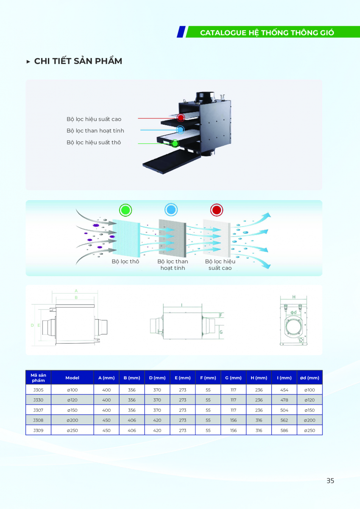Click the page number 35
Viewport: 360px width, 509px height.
tap(330, 481)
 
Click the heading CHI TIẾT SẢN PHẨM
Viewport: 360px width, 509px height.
tap(78, 61)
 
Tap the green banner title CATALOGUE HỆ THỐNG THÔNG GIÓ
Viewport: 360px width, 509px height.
tap(267, 33)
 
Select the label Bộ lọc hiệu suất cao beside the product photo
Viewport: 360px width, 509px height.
tap(94, 119)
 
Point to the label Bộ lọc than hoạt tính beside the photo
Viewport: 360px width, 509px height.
tap(95, 131)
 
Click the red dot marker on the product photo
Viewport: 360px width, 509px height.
tap(181, 118)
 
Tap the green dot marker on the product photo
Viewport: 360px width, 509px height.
tap(174, 143)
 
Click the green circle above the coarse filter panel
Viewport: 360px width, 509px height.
tap(126, 210)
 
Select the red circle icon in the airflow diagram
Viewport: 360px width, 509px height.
tap(217, 210)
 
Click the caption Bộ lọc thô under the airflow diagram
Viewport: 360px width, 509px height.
tap(126, 261)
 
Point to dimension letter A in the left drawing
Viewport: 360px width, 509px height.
tap(76, 291)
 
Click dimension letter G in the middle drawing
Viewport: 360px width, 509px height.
tap(221, 332)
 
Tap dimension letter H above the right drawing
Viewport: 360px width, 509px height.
tap(294, 297)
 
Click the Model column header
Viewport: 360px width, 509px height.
tap(73, 378)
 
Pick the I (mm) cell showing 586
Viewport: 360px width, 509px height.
tap(284, 431)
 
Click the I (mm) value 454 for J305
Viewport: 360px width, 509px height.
tap(284, 390)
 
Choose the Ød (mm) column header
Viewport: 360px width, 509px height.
tap(310, 378)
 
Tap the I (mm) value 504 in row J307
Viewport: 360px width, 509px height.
tap(284, 410)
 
